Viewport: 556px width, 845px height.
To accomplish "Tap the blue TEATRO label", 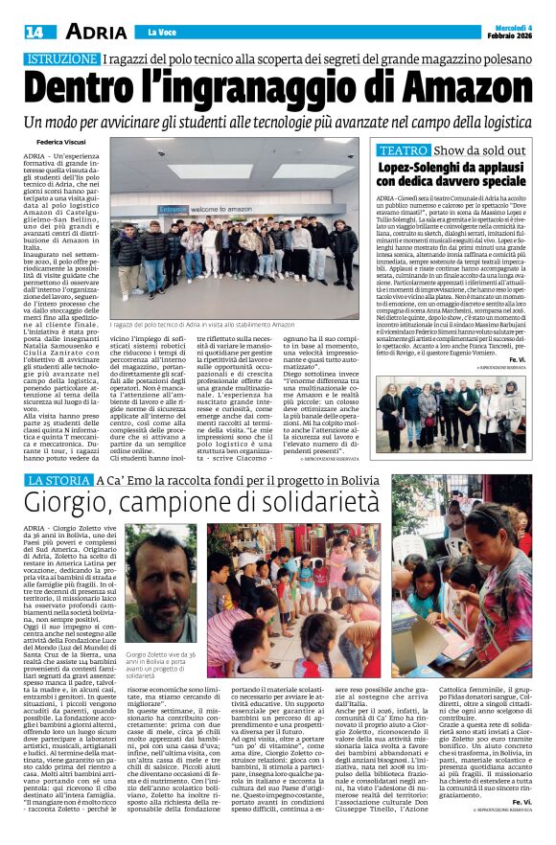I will tap(402, 151).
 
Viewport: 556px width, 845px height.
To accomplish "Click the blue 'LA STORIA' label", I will tap(59, 479).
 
